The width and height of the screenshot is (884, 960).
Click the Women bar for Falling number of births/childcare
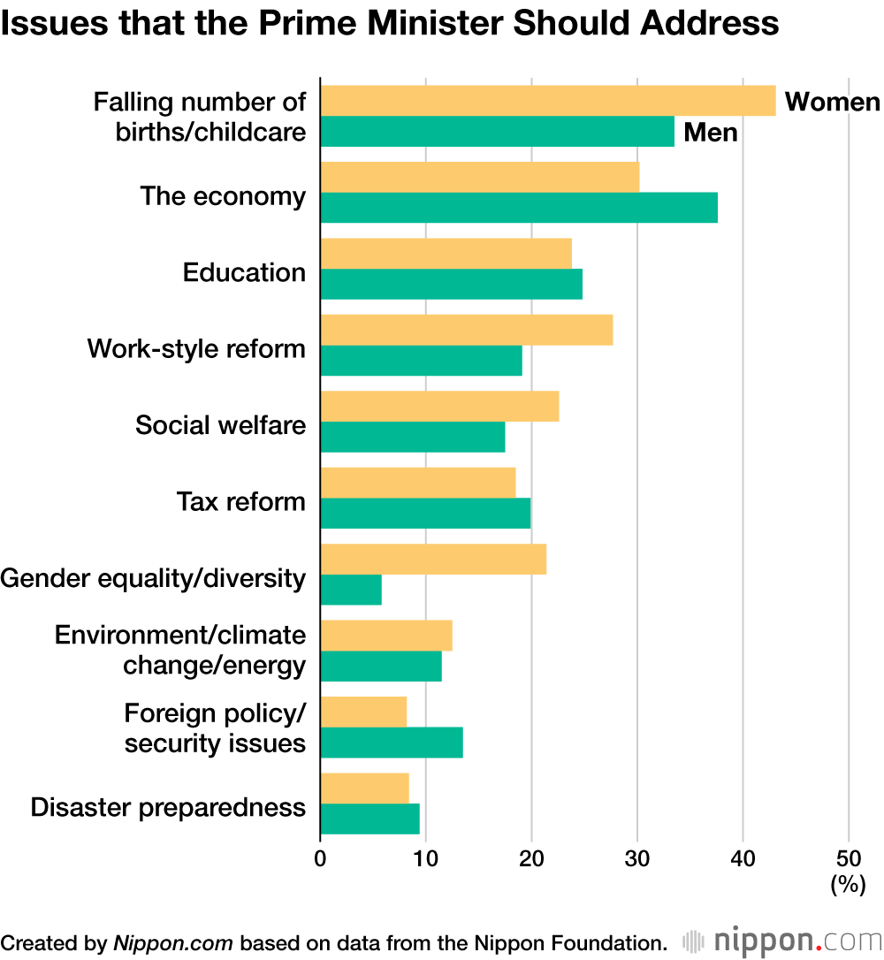(548, 101)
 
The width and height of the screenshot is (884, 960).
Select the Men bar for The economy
(519, 208)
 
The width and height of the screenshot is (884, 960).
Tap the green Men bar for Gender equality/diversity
(351, 590)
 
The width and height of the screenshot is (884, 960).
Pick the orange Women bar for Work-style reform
(466, 330)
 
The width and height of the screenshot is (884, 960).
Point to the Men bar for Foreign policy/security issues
(392, 743)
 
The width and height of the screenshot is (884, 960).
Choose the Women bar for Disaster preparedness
(364, 789)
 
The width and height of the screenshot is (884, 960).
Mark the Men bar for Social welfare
(413, 437)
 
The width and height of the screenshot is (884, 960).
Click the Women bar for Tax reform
(417, 483)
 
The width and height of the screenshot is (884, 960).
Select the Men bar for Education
(451, 284)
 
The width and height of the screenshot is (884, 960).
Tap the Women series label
(832, 102)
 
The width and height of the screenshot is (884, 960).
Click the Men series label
(711, 133)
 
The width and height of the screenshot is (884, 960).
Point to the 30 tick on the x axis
(637, 857)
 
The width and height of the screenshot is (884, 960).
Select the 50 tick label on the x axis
(849, 857)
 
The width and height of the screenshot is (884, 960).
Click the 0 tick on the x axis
(320, 857)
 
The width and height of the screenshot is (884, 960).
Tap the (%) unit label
(848, 884)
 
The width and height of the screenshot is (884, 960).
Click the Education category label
(244, 272)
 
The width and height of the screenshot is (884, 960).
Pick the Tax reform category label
(240, 501)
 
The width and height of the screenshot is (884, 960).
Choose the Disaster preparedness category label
(168, 807)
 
